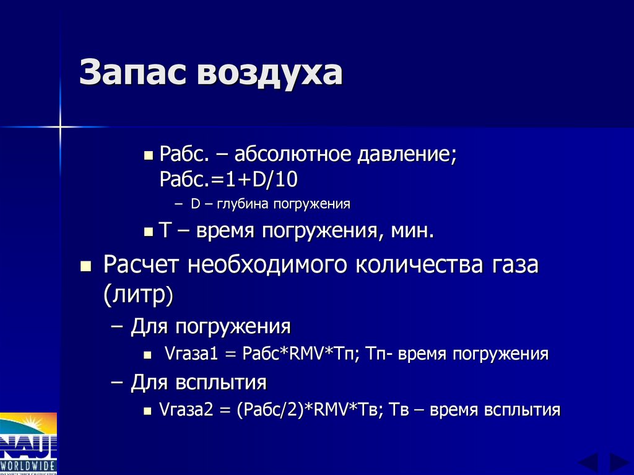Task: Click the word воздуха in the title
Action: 270,73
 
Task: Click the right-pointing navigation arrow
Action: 618,462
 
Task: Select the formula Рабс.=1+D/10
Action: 228,180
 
